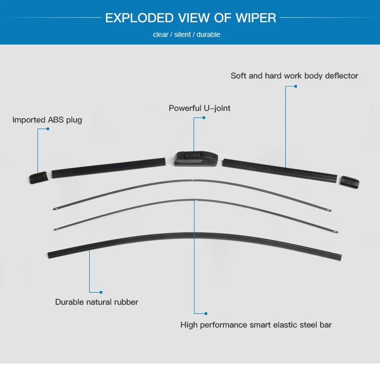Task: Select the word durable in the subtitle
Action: pos(208,35)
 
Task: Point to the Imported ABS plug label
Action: pos(47,120)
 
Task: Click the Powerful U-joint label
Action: pos(200,108)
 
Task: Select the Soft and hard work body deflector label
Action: pos(294,75)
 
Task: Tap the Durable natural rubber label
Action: pos(97,302)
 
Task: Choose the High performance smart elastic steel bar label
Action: pos(256,324)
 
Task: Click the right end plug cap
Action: pos(349,181)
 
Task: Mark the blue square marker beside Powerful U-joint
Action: pos(204,117)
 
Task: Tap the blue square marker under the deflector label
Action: pos(296,87)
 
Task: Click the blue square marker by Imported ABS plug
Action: pos(48,129)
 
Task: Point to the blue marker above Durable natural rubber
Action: pos(101,292)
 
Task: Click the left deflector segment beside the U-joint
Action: pos(108,167)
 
